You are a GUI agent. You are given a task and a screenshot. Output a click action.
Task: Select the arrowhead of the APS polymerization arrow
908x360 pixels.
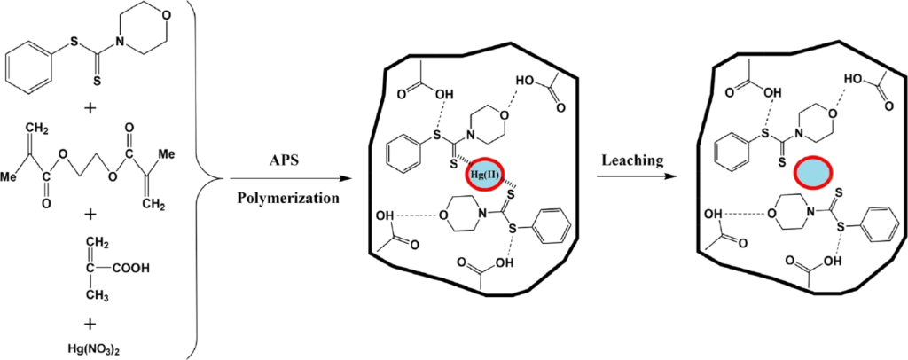coord(346,179)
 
